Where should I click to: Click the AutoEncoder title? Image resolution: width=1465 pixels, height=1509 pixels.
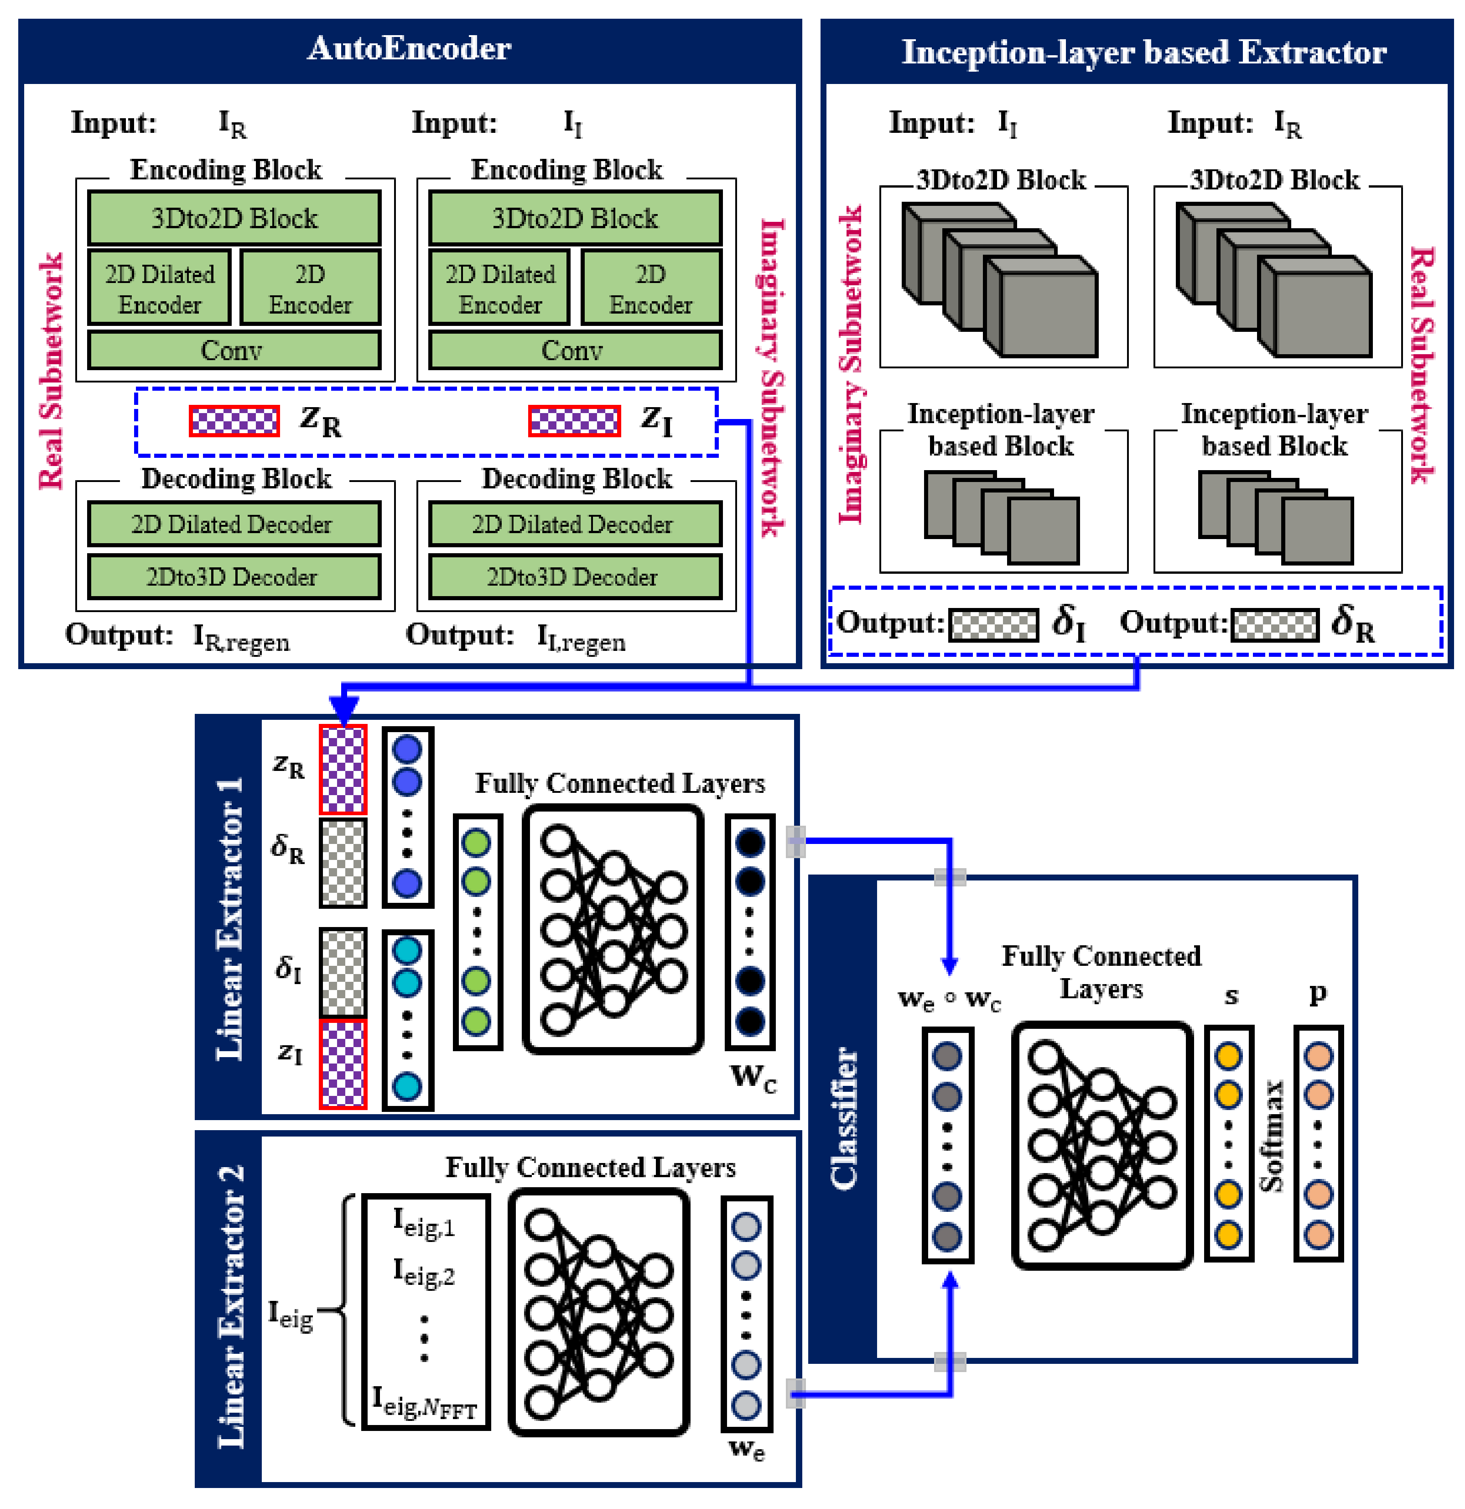click(409, 48)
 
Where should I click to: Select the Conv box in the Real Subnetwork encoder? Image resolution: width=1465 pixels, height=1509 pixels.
click(233, 350)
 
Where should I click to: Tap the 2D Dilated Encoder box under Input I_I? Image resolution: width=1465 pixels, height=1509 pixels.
click(500, 289)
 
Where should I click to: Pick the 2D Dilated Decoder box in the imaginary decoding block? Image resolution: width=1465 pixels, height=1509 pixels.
click(574, 524)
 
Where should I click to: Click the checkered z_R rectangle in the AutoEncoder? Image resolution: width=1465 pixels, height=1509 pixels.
click(234, 421)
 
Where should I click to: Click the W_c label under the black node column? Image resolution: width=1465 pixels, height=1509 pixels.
click(753, 1077)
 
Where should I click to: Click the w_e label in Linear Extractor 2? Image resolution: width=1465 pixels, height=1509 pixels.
click(746, 1450)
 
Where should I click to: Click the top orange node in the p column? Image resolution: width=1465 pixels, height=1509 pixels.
click(1318, 1056)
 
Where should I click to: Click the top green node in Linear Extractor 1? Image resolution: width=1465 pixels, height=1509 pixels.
click(476, 842)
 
